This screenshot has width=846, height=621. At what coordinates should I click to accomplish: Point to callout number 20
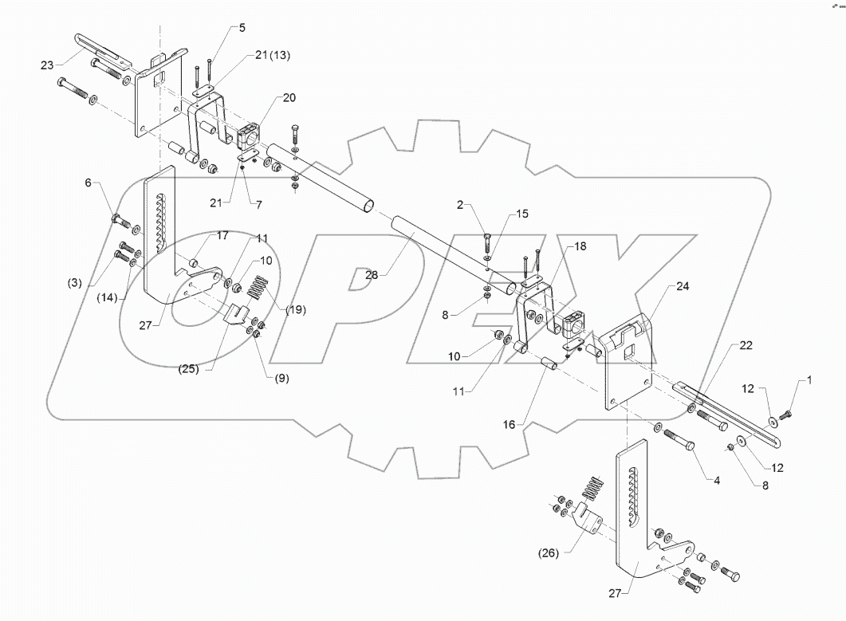288,97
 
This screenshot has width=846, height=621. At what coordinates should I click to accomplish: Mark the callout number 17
222,235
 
